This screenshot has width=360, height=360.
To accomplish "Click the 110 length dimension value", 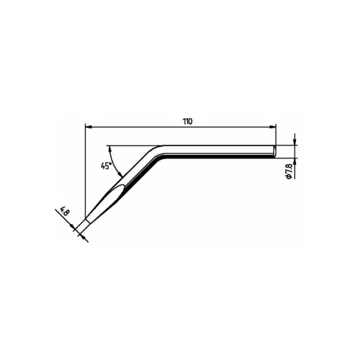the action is pyautogui.click(x=187, y=122).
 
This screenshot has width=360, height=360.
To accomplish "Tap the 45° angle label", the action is pyautogui.click(x=106, y=166).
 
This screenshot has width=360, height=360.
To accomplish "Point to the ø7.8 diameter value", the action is pyautogui.click(x=289, y=171).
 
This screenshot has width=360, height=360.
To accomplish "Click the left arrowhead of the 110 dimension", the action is pyautogui.click(x=89, y=126).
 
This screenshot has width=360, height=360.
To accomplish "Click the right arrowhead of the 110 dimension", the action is pyautogui.click(x=273, y=126).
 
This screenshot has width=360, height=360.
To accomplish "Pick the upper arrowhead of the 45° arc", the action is pyautogui.click(x=110, y=149).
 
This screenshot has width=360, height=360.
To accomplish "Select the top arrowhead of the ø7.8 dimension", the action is pyautogui.click(x=294, y=142).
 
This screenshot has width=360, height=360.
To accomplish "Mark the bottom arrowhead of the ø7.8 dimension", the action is pyautogui.click(x=294, y=161).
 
